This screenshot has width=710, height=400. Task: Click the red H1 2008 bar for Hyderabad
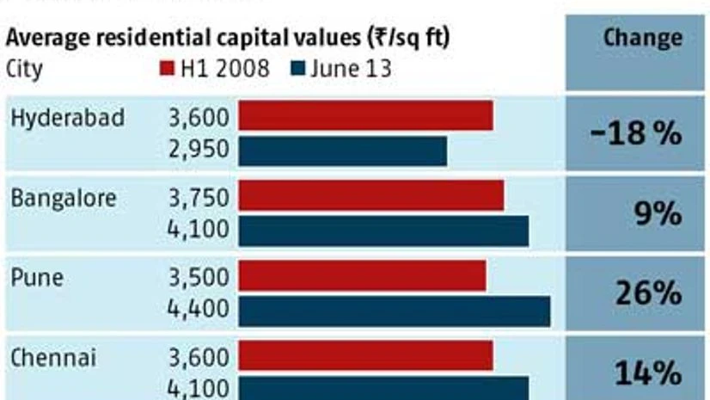click(365, 116)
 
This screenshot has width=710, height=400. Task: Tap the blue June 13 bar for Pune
click(394, 311)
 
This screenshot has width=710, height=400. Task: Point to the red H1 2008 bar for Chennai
click(365, 356)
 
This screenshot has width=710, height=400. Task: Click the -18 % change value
click(637, 134)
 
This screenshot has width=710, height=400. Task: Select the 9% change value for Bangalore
click(658, 213)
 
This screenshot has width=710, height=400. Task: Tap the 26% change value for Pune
click(648, 293)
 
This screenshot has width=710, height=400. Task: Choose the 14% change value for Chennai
click(648, 373)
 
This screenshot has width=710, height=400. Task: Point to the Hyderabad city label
click(68, 118)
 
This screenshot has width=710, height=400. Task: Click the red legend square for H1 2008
click(167, 70)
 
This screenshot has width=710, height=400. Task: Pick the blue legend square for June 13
click(298, 70)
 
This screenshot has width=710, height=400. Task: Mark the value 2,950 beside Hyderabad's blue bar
click(200, 150)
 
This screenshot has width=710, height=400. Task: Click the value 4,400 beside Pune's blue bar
click(200, 309)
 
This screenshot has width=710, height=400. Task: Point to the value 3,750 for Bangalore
click(200, 198)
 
